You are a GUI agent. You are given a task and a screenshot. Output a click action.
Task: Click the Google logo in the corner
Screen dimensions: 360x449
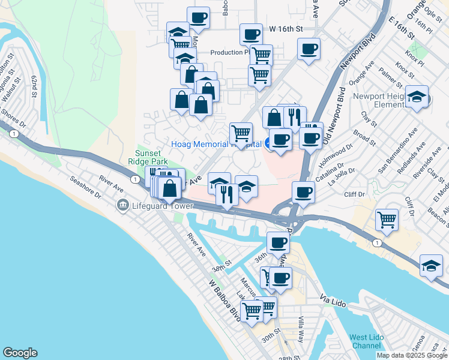point(20,353)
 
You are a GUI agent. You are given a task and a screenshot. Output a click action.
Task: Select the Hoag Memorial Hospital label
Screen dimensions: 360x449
point(216,144)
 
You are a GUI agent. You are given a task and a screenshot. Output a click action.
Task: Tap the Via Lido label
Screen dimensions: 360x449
point(334,298)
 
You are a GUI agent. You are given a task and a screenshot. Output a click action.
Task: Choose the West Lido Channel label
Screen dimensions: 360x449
point(366,341)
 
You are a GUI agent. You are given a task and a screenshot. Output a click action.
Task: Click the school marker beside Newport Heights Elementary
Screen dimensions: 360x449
point(416,96)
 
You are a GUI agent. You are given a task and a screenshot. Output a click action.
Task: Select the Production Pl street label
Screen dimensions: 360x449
point(229,52)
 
